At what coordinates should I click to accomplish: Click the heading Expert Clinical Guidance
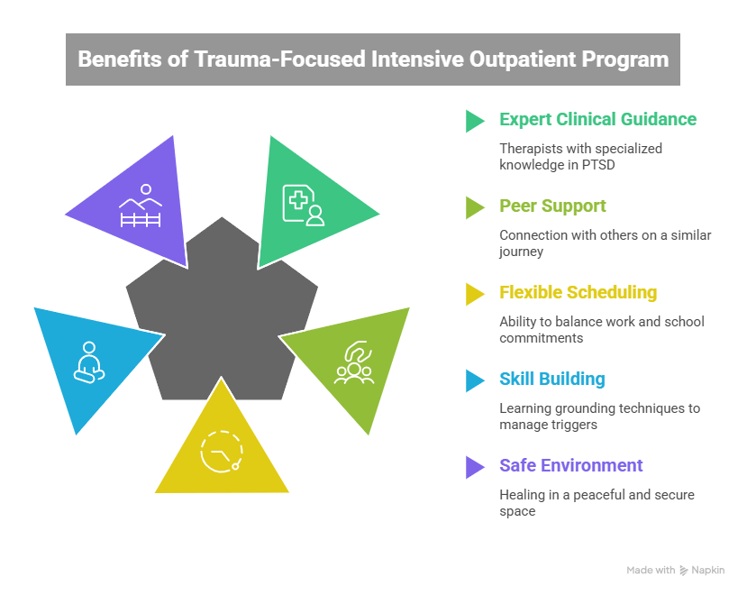(x=597, y=119)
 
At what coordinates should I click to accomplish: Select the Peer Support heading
(x=552, y=206)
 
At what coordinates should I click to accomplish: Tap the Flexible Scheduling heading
(x=578, y=292)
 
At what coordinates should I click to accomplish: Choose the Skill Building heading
(x=551, y=379)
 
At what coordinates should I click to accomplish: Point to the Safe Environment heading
(x=570, y=465)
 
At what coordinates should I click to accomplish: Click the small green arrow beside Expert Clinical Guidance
(x=474, y=120)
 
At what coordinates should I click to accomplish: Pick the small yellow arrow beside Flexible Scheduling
(x=474, y=293)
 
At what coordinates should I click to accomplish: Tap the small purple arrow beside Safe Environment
(x=474, y=466)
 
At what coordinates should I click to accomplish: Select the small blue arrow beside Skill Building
(x=474, y=380)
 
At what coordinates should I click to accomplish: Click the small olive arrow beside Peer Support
(x=474, y=206)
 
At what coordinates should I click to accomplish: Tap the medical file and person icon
(x=303, y=204)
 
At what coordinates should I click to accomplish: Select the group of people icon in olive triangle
(x=352, y=363)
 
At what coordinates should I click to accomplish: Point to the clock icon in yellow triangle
(x=222, y=449)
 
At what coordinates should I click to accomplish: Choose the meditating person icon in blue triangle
(x=87, y=363)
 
